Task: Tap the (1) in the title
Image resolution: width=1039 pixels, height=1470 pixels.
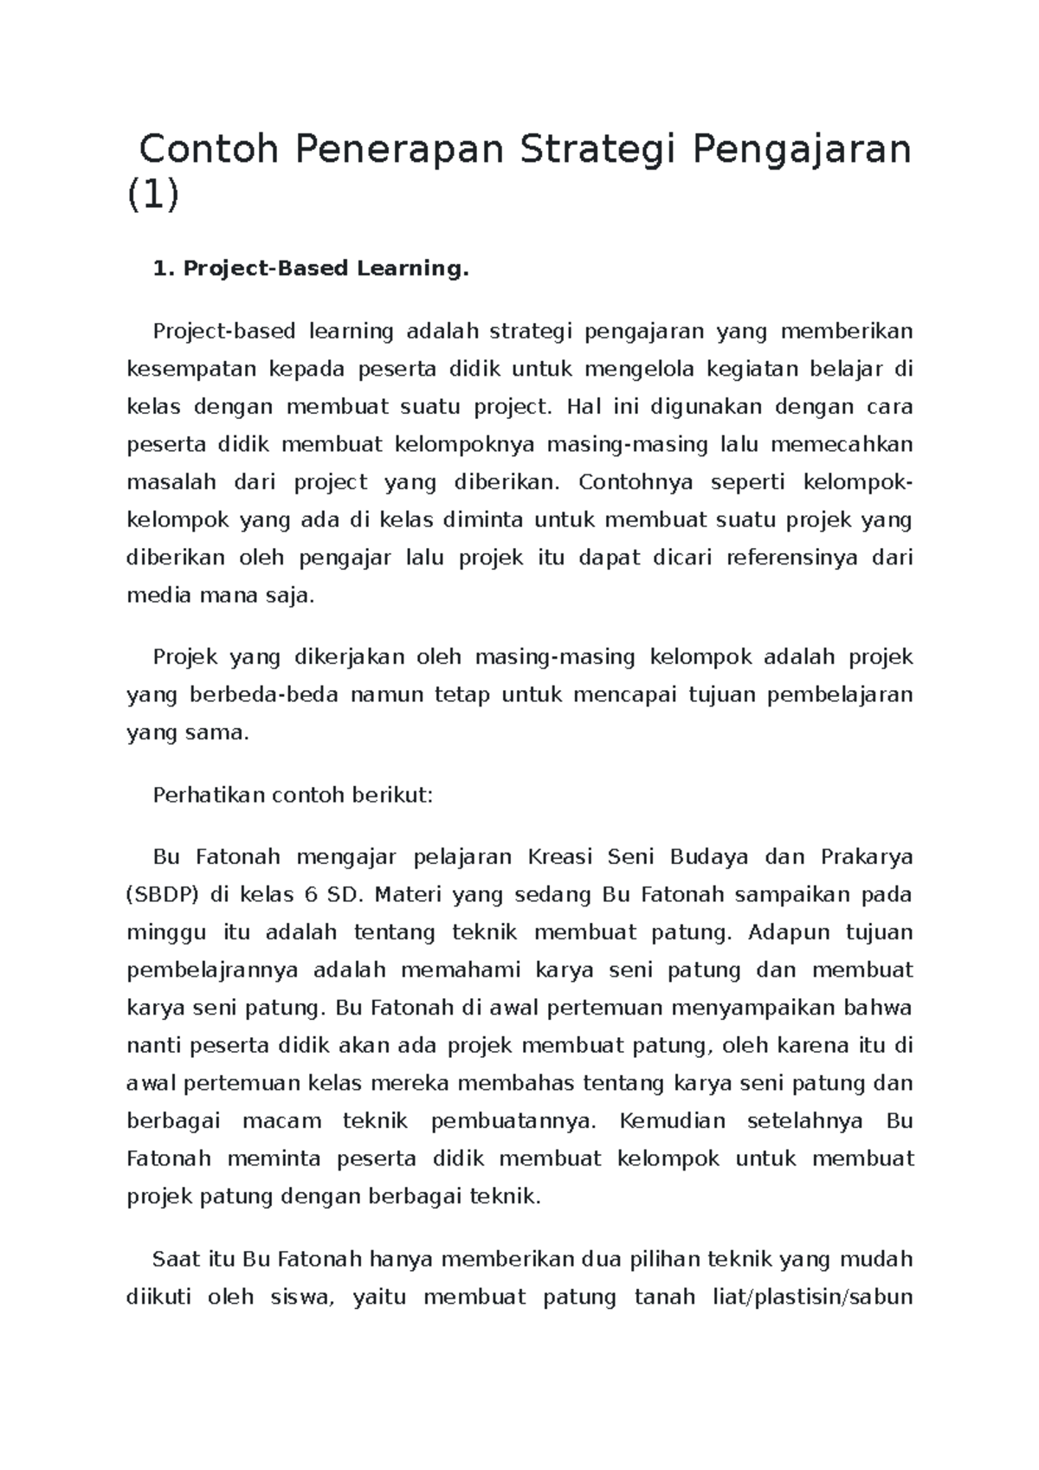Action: (153, 196)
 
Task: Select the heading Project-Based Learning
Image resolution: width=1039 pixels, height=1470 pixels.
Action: (310, 269)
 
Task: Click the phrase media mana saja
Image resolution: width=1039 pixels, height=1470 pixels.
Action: (222, 596)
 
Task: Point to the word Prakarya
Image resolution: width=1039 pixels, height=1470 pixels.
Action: (866, 857)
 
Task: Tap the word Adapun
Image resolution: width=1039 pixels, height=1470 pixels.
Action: (789, 932)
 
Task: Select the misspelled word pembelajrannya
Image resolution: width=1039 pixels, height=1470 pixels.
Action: (213, 970)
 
